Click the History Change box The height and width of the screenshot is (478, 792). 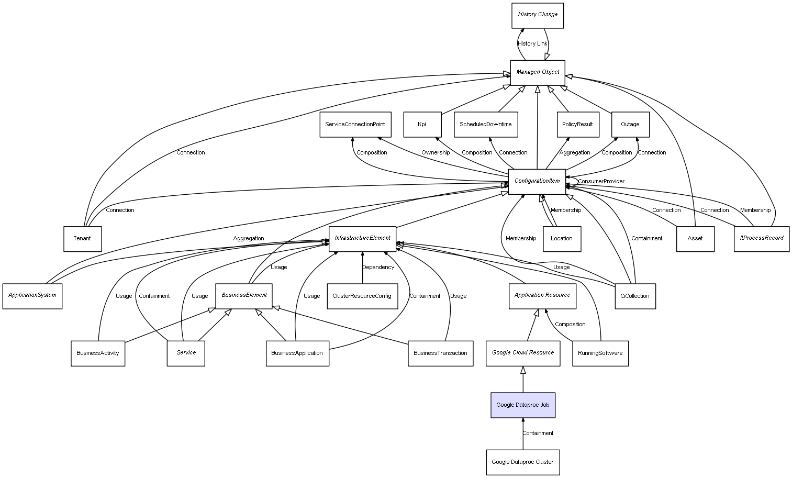click(538, 15)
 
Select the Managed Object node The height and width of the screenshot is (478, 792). click(538, 72)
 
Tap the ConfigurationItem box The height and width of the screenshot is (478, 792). click(537, 181)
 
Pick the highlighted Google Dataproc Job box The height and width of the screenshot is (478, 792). click(522, 405)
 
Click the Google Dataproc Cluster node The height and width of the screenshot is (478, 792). click(522, 462)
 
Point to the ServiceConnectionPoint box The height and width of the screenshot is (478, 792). click(355, 125)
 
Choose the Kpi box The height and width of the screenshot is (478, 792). click(422, 125)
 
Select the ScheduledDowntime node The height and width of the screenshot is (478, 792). click(486, 125)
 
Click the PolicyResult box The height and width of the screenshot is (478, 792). click(577, 125)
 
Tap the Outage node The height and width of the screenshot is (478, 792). click(630, 125)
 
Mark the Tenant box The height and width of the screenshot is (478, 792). click(82, 239)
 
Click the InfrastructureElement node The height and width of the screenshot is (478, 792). click(362, 238)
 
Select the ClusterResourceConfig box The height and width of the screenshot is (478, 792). click(362, 296)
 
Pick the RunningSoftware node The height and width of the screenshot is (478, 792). click(600, 353)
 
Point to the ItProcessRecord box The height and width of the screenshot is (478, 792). click(761, 238)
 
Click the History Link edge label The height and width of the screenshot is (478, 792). click(532, 44)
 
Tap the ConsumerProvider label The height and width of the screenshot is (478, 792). click(601, 182)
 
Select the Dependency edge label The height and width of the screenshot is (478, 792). click(378, 268)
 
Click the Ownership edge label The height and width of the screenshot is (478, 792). click(436, 153)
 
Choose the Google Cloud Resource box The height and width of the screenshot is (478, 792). click(523, 353)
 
